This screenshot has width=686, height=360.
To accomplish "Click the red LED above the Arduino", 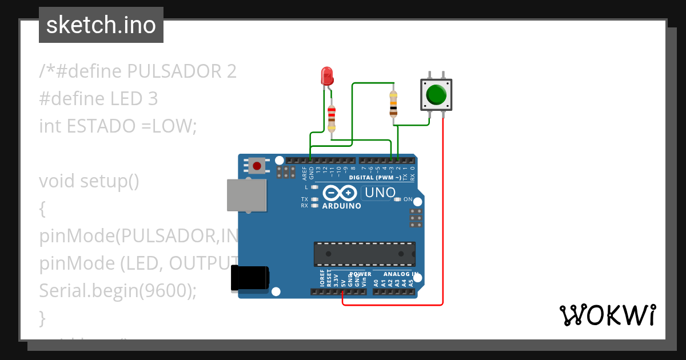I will (326, 77).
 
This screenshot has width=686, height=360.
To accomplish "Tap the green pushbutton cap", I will (437, 94).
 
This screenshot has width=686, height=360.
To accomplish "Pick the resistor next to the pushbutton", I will (393, 103).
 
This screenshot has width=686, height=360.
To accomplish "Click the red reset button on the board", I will (257, 166).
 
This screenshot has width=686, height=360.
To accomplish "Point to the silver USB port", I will (246, 195).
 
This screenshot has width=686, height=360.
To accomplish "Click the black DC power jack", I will (249, 279).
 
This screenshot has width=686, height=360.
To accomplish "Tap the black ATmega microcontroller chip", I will (364, 254).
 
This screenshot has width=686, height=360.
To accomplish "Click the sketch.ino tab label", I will (101, 25).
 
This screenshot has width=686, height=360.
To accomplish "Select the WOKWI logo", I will (607, 315).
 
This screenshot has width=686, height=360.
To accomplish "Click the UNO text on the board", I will (380, 193).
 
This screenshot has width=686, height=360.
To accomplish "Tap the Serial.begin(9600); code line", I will (117, 291).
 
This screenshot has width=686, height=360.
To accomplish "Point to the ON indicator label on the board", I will (408, 199).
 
